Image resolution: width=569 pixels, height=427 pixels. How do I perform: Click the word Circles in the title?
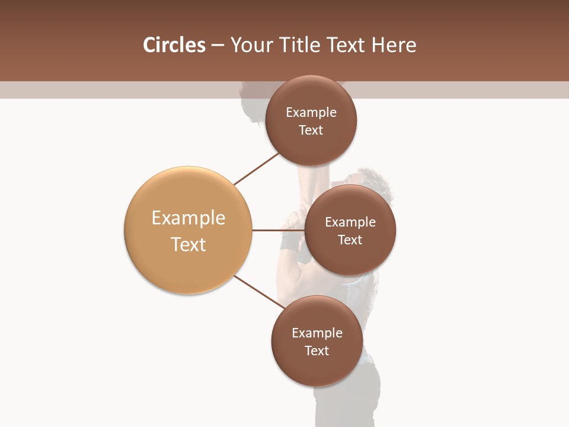tap(174, 45)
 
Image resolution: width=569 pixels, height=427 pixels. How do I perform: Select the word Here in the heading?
tap(394, 45)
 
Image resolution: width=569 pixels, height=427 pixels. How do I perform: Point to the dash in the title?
tap(218, 46)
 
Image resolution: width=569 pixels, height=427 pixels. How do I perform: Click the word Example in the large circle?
tap(188, 218)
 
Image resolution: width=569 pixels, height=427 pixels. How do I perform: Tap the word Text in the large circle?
tap(188, 244)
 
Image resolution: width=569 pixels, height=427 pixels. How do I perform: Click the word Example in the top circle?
tap(311, 113)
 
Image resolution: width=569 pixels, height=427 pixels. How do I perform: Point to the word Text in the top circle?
tap(311, 130)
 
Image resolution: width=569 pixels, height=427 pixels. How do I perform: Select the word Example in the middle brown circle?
tap(350, 222)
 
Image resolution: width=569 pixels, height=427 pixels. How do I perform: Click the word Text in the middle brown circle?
tap(350, 240)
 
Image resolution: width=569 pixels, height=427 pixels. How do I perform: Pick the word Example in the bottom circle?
tap(317, 333)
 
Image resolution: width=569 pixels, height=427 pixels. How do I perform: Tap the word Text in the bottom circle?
tap(317, 351)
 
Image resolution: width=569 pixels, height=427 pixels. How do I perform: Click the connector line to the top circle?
tap(256, 168)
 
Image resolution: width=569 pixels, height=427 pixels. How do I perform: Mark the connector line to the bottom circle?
tap(260, 292)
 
